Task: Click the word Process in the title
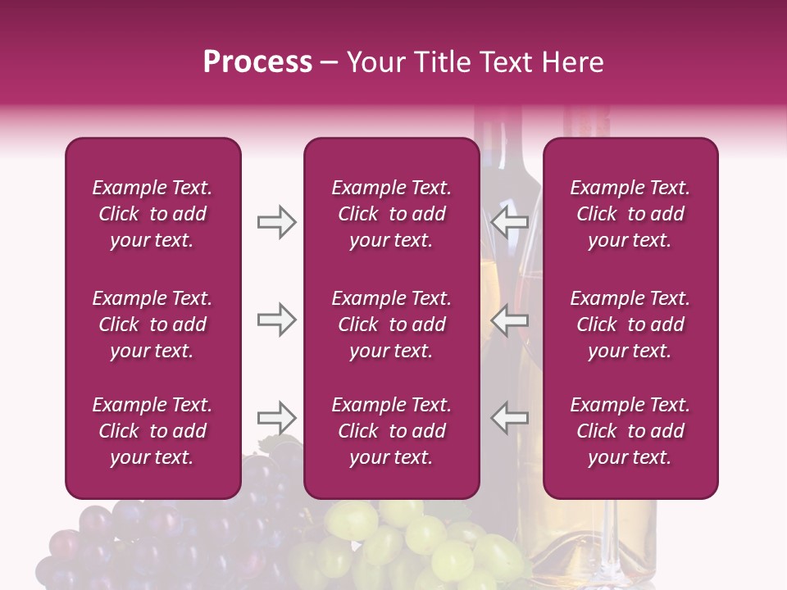257,62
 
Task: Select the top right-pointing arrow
276,222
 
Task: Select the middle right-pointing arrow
276,320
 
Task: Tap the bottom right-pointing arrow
276,418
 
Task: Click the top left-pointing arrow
510,222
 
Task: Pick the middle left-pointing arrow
510,320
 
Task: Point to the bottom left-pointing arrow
510,418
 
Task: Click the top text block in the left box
152,214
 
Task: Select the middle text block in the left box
152,324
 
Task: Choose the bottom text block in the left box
152,431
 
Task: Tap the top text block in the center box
391,214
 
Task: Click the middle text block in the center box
391,324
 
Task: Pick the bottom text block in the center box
391,431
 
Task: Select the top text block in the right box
630,214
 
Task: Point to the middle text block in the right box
630,324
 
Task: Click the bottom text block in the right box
630,431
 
